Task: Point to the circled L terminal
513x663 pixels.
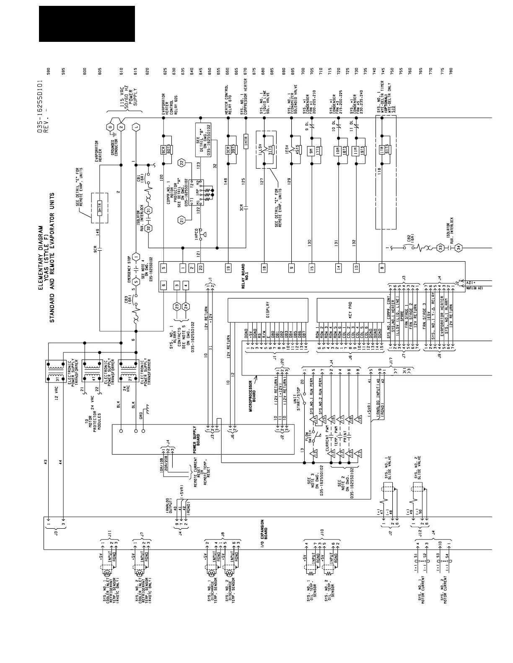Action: (136, 127)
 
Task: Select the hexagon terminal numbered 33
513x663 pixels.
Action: (440, 248)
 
